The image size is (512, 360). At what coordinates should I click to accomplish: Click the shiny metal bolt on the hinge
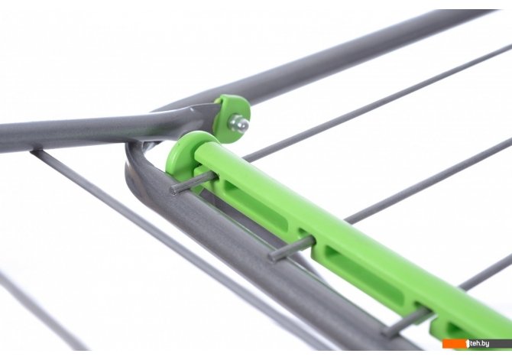239,125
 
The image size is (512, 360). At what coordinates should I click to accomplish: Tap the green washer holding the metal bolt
232,118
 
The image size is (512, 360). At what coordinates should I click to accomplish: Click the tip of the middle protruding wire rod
273,256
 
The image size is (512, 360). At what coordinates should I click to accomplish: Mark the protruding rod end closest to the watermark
386,332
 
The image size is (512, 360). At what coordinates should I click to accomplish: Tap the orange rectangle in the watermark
455,344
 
